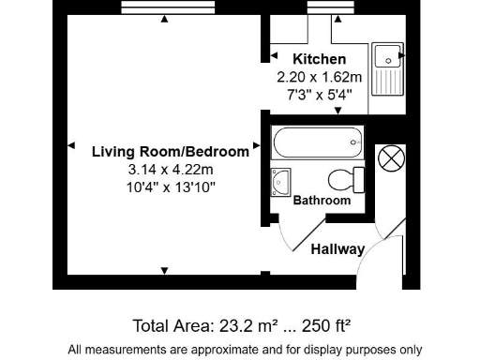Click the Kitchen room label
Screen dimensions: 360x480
coord(319,59)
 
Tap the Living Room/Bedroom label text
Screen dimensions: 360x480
coord(171,151)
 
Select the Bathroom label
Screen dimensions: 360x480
coord(322,201)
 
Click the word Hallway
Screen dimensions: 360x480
coord(337,249)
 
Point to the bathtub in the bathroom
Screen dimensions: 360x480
coord(317,143)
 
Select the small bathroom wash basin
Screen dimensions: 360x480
coord(280,181)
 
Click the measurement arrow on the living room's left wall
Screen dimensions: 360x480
coord(70,145)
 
